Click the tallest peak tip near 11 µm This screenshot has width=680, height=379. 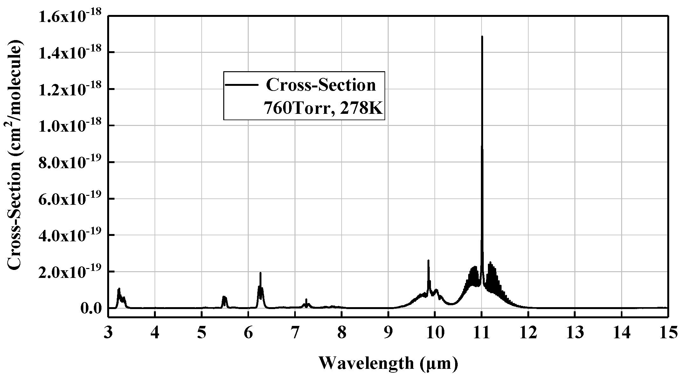482,37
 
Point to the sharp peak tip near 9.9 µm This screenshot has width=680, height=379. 428,260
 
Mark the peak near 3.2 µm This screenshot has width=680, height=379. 119,289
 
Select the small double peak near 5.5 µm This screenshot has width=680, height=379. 224,297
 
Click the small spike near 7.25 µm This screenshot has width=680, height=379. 306,300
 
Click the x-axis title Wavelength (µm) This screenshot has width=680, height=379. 388,363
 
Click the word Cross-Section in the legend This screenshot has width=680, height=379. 321,85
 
